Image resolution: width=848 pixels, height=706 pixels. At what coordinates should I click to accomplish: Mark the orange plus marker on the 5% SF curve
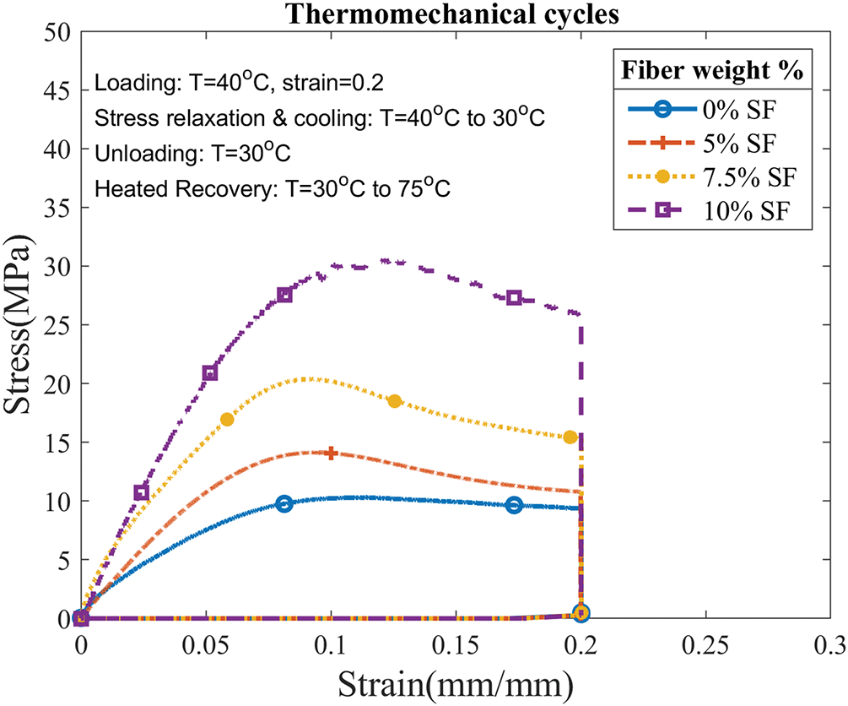tap(331, 453)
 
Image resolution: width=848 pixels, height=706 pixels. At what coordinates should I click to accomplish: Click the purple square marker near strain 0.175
tap(515, 298)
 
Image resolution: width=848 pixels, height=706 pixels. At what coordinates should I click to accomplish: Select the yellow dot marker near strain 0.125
tap(394, 401)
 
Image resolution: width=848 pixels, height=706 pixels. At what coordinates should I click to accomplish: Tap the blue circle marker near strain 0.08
tap(284, 503)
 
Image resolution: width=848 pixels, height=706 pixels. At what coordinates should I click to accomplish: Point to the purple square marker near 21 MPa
tap(210, 373)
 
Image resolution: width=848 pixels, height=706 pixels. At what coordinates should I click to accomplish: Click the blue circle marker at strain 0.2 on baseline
tap(581, 612)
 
